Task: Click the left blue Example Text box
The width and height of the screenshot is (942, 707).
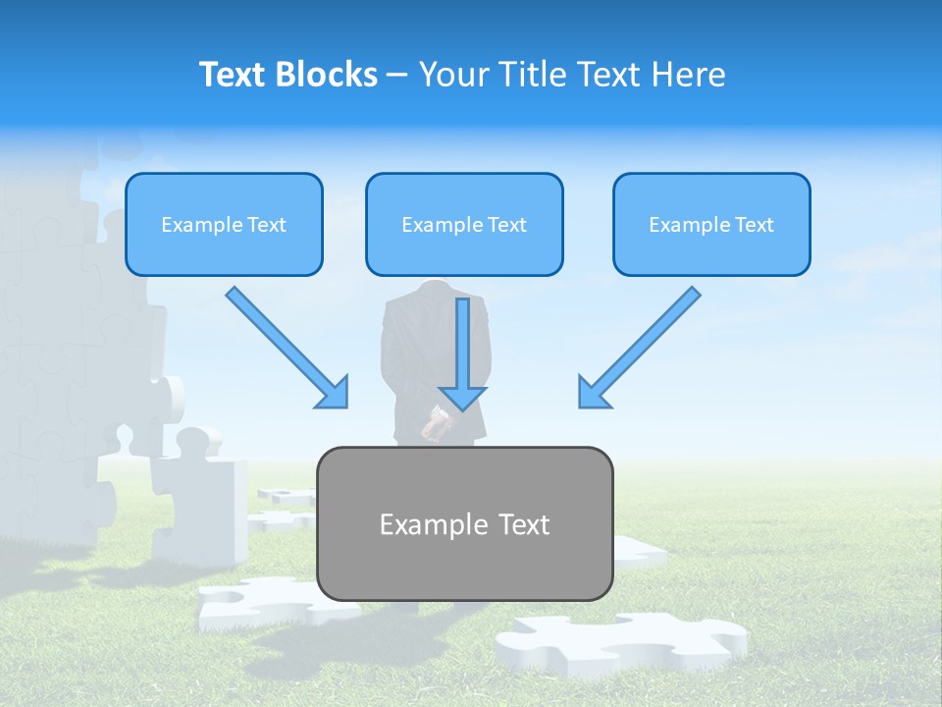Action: tap(224, 224)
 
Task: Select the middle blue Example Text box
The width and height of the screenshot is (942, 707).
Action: tap(464, 224)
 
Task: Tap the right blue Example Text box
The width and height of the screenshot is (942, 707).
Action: tap(711, 224)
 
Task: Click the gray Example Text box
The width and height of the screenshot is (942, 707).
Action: tap(464, 523)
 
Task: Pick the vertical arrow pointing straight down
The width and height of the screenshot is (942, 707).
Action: tap(463, 353)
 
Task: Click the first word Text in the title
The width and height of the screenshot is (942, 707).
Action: tap(236, 75)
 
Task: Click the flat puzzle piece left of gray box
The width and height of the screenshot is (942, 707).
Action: tap(257, 601)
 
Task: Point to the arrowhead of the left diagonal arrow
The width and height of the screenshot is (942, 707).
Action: tap(334, 393)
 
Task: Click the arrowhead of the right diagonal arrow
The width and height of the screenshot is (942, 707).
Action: tap(593, 393)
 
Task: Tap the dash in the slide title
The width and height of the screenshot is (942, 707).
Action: tap(398, 76)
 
